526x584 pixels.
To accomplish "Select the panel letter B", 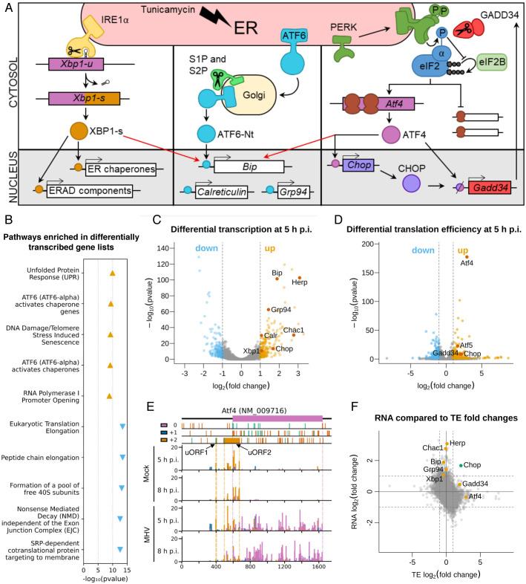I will pyautogui.click(x=9, y=221).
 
